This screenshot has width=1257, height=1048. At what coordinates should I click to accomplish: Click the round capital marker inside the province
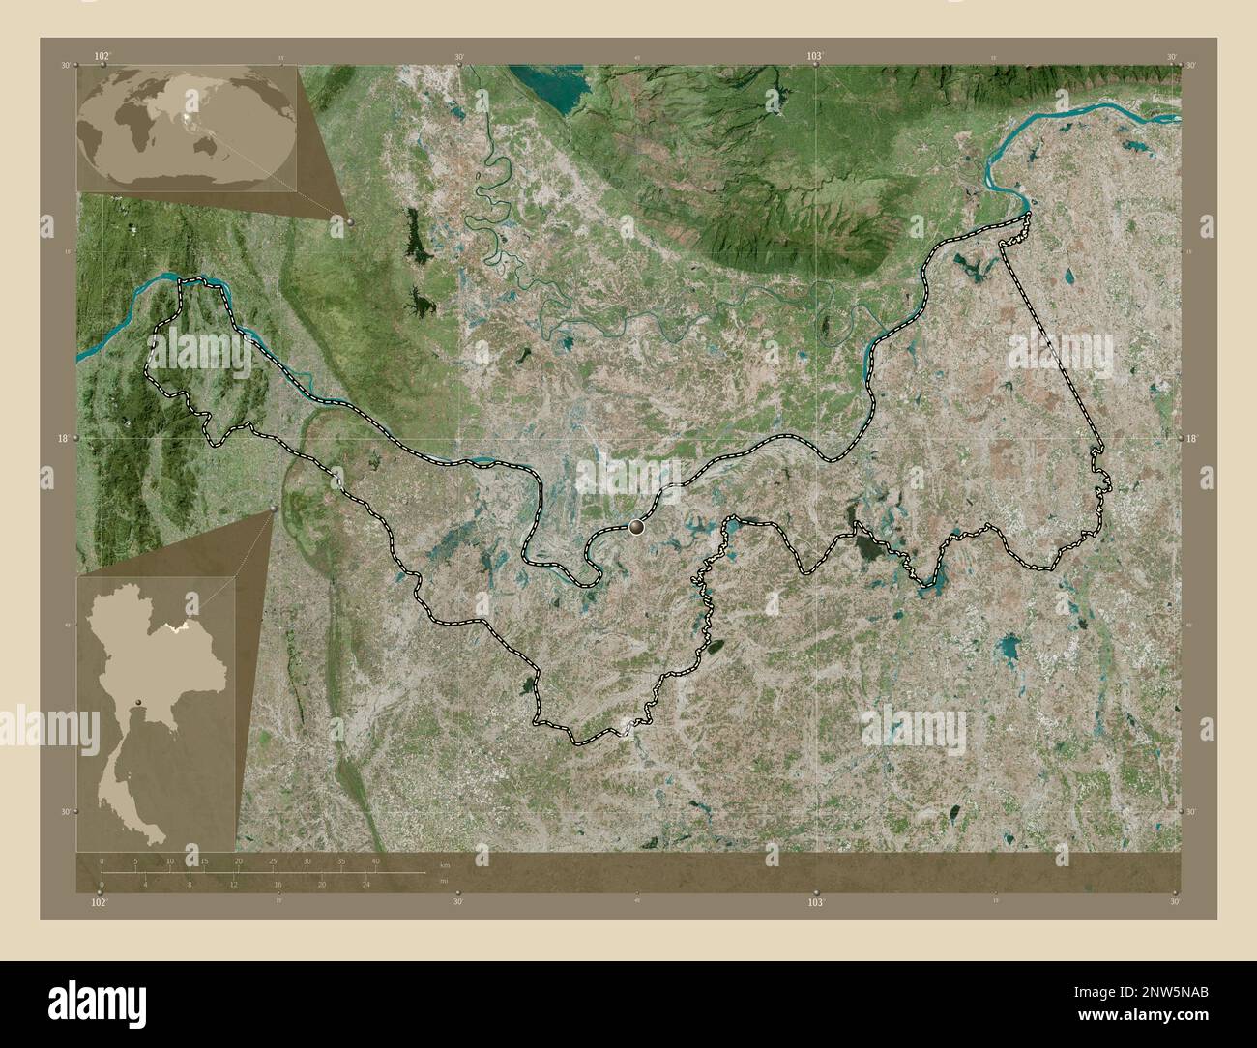(x=636, y=527)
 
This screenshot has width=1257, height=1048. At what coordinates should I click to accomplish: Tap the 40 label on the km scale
(x=376, y=860)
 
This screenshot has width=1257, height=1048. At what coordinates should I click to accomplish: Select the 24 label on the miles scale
(x=366, y=885)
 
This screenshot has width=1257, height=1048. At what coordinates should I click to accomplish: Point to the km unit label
(x=444, y=864)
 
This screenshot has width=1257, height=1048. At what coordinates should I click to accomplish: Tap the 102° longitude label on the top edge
(x=102, y=56)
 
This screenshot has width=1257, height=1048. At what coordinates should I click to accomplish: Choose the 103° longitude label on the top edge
(x=815, y=56)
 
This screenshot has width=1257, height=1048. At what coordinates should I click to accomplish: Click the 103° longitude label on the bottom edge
(x=815, y=902)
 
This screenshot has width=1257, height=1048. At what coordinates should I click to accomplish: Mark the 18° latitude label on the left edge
(x=62, y=439)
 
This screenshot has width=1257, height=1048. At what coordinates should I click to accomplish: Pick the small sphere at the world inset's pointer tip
(x=349, y=222)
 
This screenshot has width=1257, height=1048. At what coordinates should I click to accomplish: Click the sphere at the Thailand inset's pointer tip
(x=275, y=508)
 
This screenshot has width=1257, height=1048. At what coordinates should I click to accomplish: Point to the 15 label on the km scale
(x=204, y=860)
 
